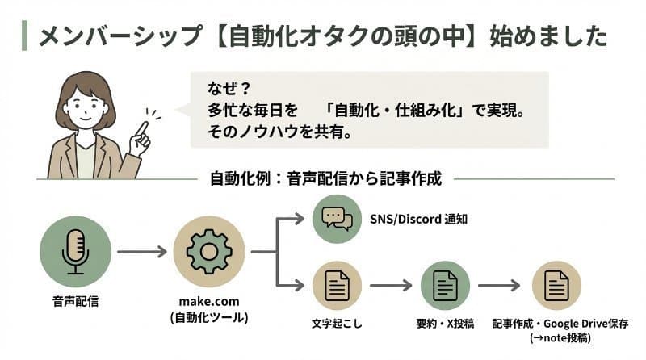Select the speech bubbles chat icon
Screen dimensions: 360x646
pyautogui.click(x=338, y=218)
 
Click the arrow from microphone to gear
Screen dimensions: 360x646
pyautogui.click(x=141, y=252)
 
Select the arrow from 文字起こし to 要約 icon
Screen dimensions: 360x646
pyautogui.click(x=391, y=286)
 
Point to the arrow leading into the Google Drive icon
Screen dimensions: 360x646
pyautogui.click(x=499, y=286)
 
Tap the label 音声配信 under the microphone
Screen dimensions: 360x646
pyautogui.click(x=74, y=303)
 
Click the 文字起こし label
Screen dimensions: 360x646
pyautogui.click(x=337, y=323)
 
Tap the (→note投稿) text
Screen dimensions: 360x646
pyautogui.click(x=557, y=337)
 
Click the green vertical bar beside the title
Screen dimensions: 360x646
pyautogui.click(x=24, y=36)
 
